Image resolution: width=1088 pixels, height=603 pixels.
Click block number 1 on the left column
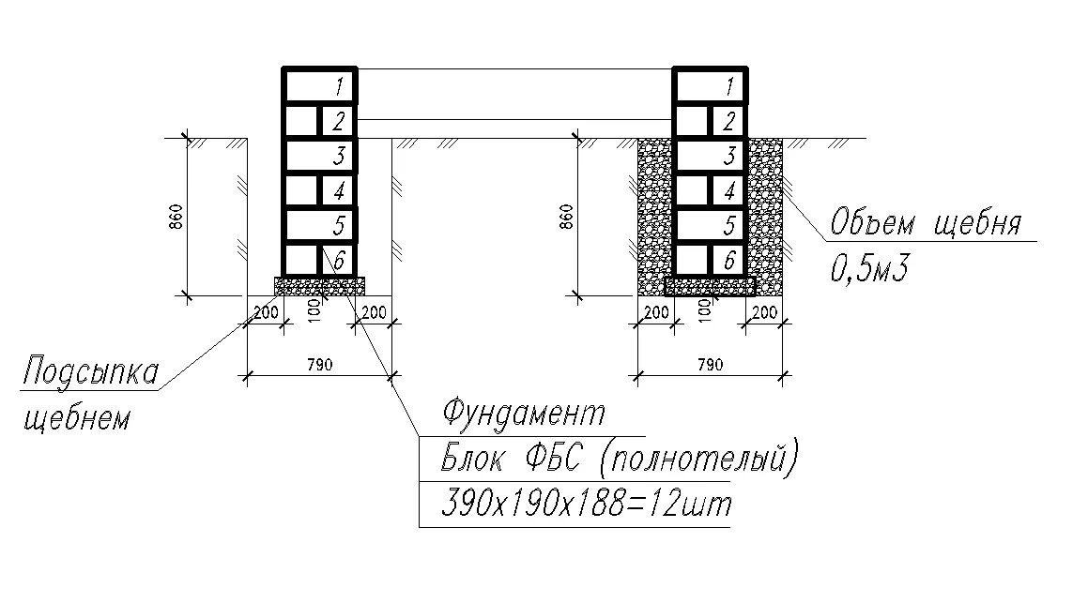320,86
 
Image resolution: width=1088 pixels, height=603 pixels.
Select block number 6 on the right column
728,260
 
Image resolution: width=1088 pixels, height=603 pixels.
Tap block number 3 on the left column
320,156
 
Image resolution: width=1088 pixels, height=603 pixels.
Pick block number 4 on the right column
728,190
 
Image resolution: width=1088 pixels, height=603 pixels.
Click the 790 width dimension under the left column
319,365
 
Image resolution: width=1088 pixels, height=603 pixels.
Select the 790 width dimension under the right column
710,365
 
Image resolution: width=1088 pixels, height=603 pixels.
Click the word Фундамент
524,413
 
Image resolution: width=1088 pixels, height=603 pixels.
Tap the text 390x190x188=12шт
585,505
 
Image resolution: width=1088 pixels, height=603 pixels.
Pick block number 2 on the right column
728,121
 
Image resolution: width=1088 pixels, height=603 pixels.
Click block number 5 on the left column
320,225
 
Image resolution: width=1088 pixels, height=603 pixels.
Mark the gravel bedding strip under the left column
319,285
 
